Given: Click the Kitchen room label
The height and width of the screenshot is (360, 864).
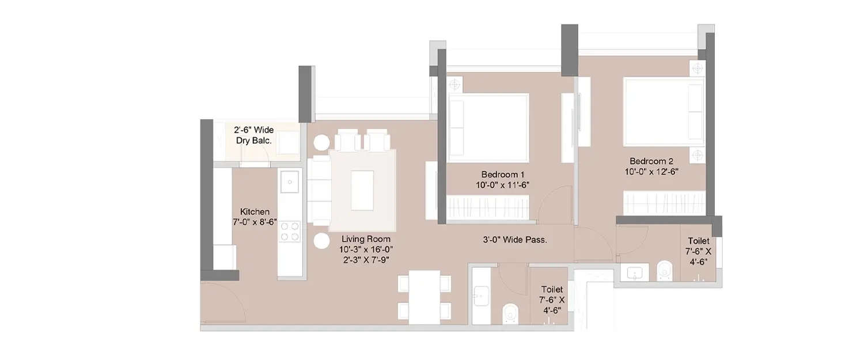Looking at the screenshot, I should click(x=255, y=217).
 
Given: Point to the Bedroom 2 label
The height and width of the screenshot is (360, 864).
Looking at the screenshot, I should click(x=651, y=166).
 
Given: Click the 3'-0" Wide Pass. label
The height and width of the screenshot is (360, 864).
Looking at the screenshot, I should click(x=514, y=240).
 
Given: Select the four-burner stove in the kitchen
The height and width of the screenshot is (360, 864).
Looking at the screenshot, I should click(x=290, y=231).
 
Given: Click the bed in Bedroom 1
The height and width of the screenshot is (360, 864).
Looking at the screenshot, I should click(x=489, y=127).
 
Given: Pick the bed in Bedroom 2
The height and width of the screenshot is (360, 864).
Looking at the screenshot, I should click(x=664, y=112).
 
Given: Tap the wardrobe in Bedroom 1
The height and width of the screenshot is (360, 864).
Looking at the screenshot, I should click(x=488, y=207).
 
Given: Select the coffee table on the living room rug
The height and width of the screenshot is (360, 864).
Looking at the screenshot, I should click(x=362, y=190).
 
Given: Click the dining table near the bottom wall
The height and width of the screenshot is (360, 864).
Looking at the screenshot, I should click(x=424, y=297).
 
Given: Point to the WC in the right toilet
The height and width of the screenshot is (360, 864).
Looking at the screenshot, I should click(x=664, y=271).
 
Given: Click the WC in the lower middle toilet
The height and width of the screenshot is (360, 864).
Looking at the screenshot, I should click(x=510, y=313).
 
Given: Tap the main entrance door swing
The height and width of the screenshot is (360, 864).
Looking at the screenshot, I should click(x=222, y=302).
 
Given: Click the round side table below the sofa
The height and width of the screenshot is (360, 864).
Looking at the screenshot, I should click(x=321, y=241).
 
